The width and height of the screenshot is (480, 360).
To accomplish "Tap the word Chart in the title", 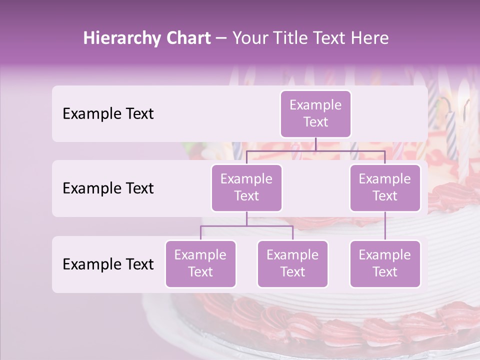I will click(186, 38).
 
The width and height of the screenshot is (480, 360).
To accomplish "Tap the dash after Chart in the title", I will click(221, 38).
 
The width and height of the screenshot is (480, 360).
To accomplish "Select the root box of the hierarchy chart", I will click(315, 114).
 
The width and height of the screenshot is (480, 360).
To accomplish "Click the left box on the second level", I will click(246, 188).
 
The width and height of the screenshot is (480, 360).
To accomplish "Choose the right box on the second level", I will click(385, 188).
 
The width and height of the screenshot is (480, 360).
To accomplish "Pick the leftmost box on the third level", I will click(200, 264).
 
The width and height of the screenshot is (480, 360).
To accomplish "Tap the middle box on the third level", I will click(292, 264).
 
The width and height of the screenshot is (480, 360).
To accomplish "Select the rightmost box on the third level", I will click(385, 264).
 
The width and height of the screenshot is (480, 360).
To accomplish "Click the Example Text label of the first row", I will click(108, 114).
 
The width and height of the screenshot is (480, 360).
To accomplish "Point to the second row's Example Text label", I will click(108, 188).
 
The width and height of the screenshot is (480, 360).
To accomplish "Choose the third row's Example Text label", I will click(108, 264).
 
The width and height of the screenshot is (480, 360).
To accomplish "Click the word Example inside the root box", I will click(315, 105).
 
